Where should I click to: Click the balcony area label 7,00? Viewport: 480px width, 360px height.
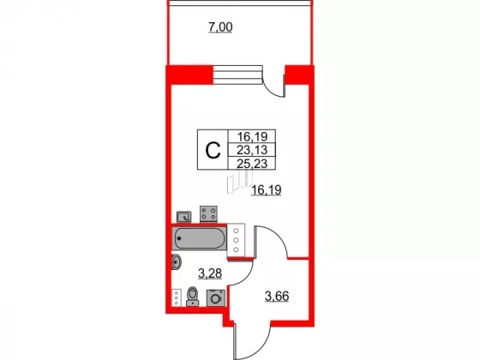[x=220, y=27]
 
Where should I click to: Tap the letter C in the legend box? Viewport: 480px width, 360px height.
[x=213, y=150]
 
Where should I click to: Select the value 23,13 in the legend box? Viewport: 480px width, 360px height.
[x=252, y=150]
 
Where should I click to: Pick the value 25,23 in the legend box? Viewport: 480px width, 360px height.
[x=252, y=164]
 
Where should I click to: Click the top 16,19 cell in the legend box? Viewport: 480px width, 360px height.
[x=252, y=136]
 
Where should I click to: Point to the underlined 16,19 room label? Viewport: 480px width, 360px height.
[x=266, y=190]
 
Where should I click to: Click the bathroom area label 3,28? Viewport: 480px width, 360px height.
[x=210, y=273]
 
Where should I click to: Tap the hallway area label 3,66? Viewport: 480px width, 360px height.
[x=277, y=297]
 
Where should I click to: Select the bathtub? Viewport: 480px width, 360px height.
[x=199, y=238]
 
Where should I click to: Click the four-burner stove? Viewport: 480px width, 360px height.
[x=209, y=214]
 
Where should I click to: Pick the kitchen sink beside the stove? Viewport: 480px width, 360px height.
[x=184, y=217]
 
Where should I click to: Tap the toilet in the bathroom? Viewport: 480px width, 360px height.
[x=193, y=296]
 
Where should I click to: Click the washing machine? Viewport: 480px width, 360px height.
[x=216, y=298]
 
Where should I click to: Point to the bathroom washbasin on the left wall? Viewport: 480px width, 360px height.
[x=176, y=262]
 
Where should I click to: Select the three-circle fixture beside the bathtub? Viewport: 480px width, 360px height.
[x=236, y=240]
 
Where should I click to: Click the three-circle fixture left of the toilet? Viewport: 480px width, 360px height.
[x=176, y=298]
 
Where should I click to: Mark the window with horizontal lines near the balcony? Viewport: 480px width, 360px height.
[x=238, y=75]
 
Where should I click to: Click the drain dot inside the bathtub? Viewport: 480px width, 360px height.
[x=179, y=238]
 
